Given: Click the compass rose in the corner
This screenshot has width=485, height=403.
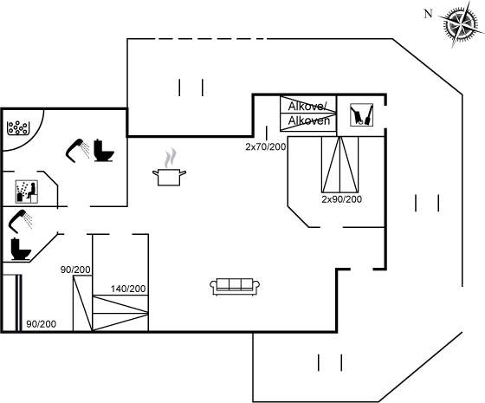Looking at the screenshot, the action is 461,24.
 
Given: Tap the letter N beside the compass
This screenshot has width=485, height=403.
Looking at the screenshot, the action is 428,14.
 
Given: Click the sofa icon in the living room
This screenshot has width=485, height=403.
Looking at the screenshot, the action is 235,287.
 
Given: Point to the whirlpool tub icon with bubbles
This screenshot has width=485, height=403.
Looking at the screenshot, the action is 18,128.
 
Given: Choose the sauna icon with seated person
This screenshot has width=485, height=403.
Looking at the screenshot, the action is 27,192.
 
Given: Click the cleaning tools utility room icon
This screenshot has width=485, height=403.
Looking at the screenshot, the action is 361,114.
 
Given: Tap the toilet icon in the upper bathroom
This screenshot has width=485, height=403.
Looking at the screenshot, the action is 104,150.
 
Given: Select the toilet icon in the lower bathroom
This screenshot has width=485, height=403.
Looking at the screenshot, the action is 21,249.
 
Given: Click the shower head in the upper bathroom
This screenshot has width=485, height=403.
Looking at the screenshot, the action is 77,150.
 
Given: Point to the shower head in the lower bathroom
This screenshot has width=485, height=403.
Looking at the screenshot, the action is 21,221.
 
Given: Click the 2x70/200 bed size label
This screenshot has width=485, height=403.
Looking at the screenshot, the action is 265,146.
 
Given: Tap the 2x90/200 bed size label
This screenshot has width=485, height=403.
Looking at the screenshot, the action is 341,199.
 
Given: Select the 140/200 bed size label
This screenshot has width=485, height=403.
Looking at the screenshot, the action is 128,289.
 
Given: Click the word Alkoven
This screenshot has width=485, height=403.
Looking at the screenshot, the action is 309,120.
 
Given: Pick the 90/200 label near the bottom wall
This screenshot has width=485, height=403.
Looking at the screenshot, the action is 42,324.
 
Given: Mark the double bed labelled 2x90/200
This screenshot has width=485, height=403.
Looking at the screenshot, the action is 339,165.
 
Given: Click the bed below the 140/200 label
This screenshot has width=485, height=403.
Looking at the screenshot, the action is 120,313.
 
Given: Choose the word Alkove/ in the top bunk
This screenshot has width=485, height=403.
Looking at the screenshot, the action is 307,107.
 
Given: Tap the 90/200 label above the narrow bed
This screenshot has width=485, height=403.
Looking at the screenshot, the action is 75,270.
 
